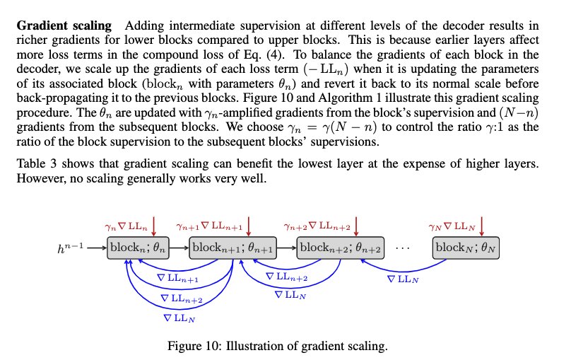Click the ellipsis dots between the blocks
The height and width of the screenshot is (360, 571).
pos(409,248)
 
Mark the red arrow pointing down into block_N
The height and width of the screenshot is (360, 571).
pos(482,228)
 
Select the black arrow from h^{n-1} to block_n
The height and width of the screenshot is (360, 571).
pos(95,248)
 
